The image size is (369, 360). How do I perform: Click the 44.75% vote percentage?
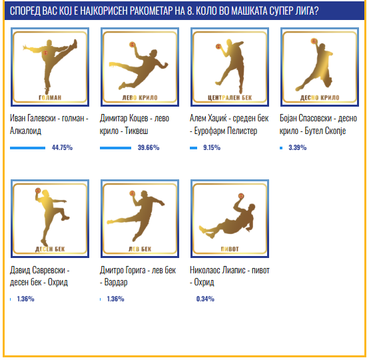tap(62, 148)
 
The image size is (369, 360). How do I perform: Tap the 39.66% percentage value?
tap(149, 148)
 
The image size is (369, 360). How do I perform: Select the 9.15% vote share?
tap(212, 148)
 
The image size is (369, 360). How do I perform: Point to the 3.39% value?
tap(298, 148)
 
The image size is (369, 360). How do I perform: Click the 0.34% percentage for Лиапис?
tap(205, 299)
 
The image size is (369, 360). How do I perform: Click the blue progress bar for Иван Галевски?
tap(27, 148)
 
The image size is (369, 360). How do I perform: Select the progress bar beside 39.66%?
tap(115, 148)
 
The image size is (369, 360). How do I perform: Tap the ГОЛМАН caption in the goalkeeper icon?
tap(50, 97)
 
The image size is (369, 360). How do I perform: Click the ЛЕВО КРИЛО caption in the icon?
tap(140, 97)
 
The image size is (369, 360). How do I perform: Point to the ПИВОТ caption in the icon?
tap(230, 249)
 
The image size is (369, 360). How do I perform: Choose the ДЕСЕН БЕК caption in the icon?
tap(50, 249)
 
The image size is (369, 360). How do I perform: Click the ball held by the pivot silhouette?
tap(241, 196)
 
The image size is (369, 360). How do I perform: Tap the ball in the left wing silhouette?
tap(133, 44)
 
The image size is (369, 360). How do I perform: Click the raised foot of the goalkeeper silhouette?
tap(75, 43)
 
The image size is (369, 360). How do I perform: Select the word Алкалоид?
tap(25, 131)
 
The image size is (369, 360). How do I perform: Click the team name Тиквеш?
tap(137, 131)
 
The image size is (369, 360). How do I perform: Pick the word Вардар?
tap(116, 282)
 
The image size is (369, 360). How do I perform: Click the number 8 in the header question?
tap(190, 11)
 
